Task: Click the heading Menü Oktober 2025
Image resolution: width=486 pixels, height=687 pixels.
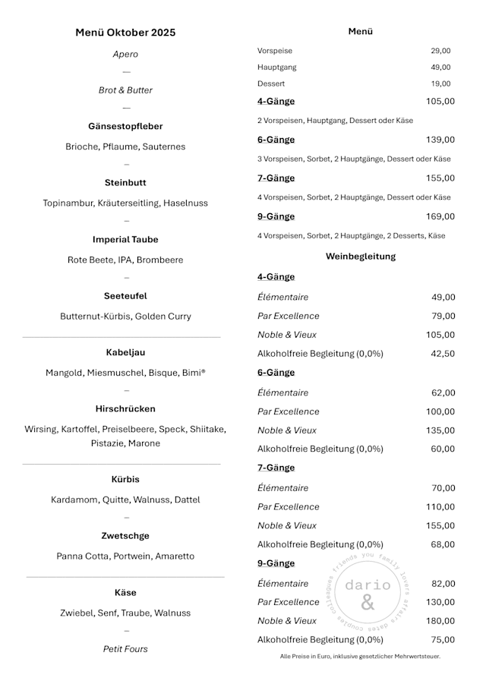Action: (x=125, y=32)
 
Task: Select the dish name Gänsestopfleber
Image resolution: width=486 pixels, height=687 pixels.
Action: (x=125, y=126)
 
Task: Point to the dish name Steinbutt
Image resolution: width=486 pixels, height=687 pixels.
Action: (x=125, y=183)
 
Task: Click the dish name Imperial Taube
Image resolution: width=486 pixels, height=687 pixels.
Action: (x=125, y=239)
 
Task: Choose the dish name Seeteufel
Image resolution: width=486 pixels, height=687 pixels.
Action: (x=125, y=296)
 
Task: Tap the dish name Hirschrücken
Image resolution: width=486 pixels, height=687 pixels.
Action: (x=125, y=408)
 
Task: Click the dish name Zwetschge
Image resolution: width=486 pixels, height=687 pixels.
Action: (x=125, y=536)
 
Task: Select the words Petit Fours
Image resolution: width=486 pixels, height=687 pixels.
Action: (x=125, y=649)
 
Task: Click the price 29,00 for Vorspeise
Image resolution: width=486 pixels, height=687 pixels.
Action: (x=440, y=51)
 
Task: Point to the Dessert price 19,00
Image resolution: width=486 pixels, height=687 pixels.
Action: (x=440, y=84)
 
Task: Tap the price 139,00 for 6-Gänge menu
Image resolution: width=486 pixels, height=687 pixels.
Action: (x=440, y=140)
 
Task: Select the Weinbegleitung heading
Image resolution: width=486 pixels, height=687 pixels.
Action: (x=361, y=257)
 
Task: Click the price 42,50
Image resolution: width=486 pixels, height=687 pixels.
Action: (x=443, y=353)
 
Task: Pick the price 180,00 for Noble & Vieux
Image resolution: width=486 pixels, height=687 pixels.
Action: (x=440, y=621)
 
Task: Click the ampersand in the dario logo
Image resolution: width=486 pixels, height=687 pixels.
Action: (x=368, y=603)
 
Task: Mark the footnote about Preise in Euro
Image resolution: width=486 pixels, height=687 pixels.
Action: (x=360, y=657)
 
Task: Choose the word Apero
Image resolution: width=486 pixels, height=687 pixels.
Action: (x=125, y=55)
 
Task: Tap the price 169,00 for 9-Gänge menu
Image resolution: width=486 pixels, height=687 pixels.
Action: (x=440, y=216)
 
